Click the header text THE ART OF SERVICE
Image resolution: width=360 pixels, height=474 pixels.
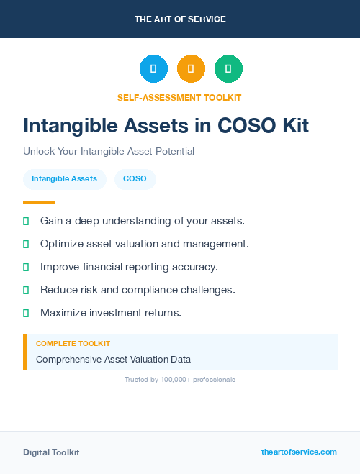(x=180, y=19)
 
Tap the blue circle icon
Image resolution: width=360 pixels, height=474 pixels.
(x=153, y=69)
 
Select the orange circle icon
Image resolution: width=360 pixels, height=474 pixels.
(x=191, y=69)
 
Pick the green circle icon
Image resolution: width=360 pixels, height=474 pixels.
(x=228, y=69)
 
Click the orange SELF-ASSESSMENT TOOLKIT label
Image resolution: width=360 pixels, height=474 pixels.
(x=179, y=97)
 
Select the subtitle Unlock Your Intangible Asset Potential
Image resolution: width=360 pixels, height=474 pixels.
(x=109, y=152)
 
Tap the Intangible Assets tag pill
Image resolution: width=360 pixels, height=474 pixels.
(x=65, y=179)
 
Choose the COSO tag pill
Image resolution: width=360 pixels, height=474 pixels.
(x=135, y=179)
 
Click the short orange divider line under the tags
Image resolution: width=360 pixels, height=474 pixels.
(x=39, y=202)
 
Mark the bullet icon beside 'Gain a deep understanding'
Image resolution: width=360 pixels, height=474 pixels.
(x=26, y=221)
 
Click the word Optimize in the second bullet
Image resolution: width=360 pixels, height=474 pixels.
(x=61, y=244)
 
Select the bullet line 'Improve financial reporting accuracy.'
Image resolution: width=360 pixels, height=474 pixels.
(x=129, y=267)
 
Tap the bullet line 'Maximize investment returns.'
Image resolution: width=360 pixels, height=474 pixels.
(x=111, y=313)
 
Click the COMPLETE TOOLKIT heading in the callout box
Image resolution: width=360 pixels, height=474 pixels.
(x=73, y=344)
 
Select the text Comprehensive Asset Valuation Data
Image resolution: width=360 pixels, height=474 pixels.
(x=113, y=359)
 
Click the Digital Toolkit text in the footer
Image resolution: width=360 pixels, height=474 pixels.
(x=51, y=452)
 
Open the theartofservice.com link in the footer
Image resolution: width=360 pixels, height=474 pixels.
(x=299, y=452)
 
